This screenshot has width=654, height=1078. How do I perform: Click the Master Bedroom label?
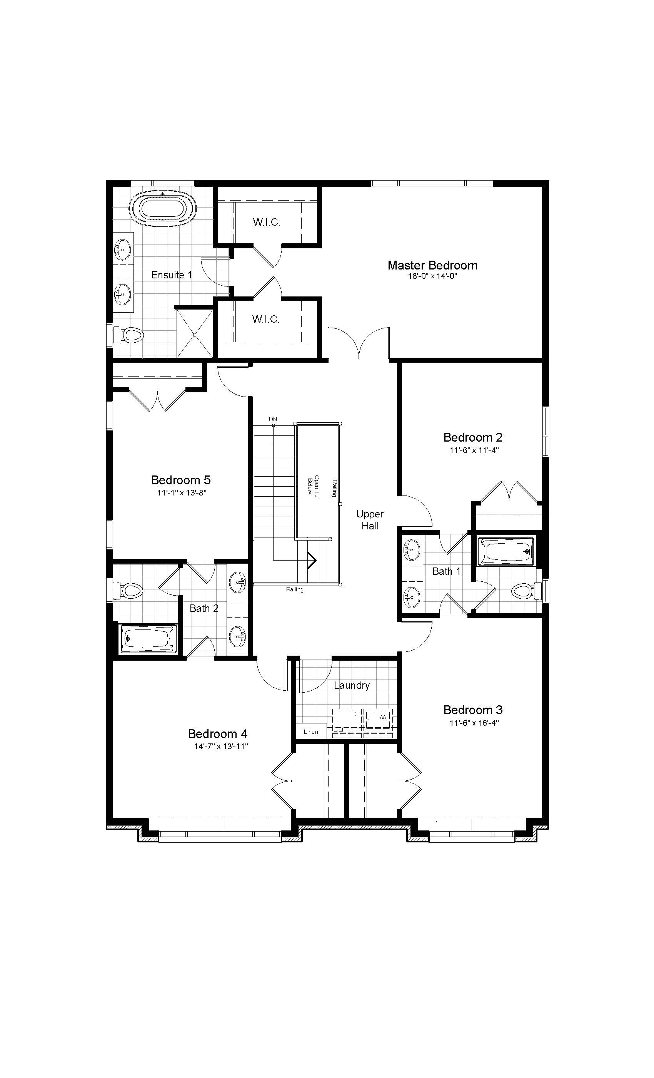pyautogui.click(x=432, y=265)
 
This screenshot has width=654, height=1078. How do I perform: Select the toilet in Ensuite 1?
pyautogui.click(x=130, y=335)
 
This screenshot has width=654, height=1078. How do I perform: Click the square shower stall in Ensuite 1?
pyautogui.click(x=195, y=334)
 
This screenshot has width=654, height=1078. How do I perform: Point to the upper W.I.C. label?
pyautogui.click(x=266, y=222)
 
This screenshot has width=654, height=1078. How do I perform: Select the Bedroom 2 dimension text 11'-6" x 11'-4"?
pyautogui.click(x=474, y=450)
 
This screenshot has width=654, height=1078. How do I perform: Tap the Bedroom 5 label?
pyautogui.click(x=180, y=480)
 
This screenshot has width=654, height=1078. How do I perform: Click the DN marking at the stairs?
pyautogui.click(x=273, y=419)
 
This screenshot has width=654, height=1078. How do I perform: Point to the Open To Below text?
pyautogui.click(x=314, y=485)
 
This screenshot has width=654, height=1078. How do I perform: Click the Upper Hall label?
pyautogui.click(x=370, y=520)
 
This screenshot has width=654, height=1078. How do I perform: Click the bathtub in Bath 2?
pyautogui.click(x=148, y=639)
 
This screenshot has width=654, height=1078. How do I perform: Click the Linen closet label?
pyautogui.click(x=311, y=731)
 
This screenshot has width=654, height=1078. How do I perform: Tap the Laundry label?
pyautogui.click(x=352, y=686)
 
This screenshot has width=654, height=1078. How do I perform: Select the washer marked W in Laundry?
pyautogui.click(x=379, y=718)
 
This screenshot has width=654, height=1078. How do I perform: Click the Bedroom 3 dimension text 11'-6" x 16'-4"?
pyautogui.click(x=474, y=723)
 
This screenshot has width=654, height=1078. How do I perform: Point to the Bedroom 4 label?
pyautogui.click(x=218, y=734)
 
